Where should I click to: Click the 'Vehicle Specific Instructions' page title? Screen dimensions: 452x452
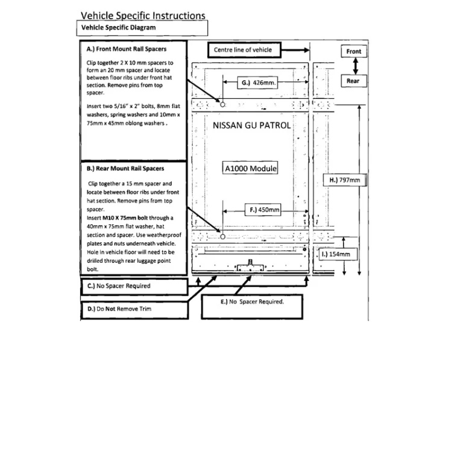143,16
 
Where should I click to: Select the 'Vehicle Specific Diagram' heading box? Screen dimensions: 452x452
142,28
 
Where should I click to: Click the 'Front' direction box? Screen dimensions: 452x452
354,51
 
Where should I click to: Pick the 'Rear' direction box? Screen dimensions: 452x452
354,81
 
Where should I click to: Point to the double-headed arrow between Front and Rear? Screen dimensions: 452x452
356,66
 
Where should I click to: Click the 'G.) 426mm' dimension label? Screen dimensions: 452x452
257,83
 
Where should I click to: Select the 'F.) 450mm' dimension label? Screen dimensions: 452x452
263,210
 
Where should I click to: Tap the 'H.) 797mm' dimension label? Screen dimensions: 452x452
345,180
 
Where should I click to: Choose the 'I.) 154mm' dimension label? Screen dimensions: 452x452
338,254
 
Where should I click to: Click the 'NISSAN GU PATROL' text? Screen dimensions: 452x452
252,125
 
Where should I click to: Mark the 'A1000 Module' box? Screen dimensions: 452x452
250,168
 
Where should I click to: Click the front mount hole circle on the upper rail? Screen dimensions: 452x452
222,105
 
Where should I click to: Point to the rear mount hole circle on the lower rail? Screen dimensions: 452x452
222,237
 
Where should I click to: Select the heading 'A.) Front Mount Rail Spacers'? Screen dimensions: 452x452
127,49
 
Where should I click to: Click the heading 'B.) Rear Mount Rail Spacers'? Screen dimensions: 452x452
125,168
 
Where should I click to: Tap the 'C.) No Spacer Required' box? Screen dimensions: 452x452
134,286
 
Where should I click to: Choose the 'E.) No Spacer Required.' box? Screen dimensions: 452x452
252,307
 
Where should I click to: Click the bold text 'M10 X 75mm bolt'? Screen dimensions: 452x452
125,218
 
